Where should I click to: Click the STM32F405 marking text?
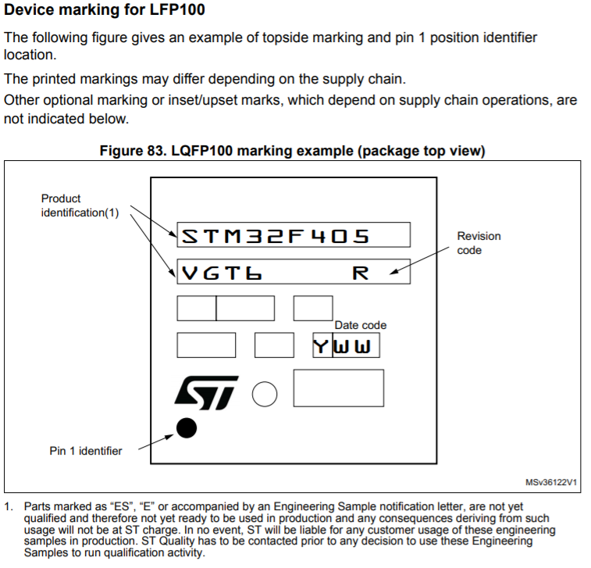point(275,235)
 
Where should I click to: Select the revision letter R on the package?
point(361,273)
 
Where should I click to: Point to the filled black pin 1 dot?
point(186,427)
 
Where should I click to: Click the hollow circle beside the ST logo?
point(265,395)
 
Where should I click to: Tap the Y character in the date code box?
point(322,345)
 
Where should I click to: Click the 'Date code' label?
point(361,325)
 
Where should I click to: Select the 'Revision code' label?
point(479,243)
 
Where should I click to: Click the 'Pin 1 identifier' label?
point(86,451)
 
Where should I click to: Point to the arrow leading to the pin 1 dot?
point(152,441)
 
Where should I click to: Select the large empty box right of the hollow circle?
point(338,388)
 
